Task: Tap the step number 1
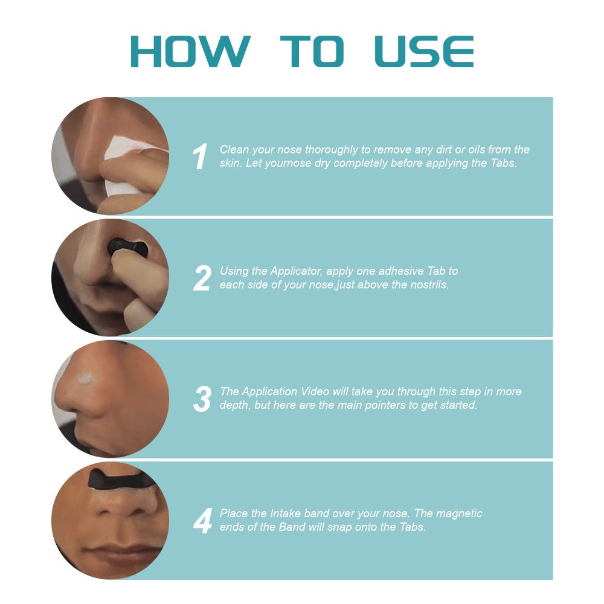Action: (200, 157)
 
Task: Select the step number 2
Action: (202, 278)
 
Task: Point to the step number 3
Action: (202, 399)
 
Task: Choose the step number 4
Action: (202, 521)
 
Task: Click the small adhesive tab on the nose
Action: (87, 378)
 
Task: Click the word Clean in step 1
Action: (234, 150)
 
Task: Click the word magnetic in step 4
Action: (461, 513)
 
